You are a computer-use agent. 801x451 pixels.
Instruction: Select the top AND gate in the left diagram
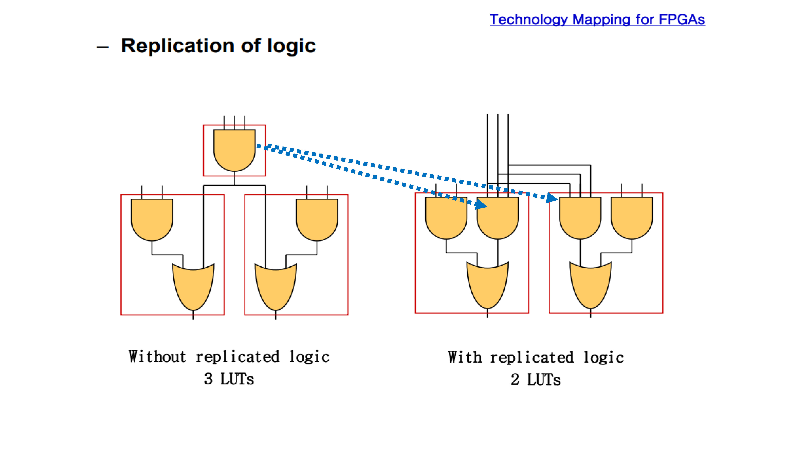(x=234, y=150)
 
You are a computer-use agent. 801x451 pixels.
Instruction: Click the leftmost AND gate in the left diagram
(x=152, y=220)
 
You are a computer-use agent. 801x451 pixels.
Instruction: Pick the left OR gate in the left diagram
(x=193, y=287)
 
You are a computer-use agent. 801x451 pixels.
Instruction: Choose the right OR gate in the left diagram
(x=276, y=287)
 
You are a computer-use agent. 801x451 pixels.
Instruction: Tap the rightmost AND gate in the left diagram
(x=317, y=220)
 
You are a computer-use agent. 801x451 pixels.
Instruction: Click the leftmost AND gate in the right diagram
(x=446, y=218)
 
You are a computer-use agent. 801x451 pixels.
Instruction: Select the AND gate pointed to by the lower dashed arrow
(x=498, y=218)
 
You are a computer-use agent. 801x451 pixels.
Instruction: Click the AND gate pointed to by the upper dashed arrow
(x=580, y=218)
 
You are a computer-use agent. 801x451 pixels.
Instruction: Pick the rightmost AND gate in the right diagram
(x=632, y=218)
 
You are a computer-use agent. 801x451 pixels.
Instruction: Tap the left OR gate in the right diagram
(x=488, y=285)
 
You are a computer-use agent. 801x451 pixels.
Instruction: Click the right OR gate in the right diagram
(x=591, y=285)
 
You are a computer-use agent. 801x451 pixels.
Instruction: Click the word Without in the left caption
(x=157, y=357)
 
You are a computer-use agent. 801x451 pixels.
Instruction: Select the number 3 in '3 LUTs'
(x=208, y=379)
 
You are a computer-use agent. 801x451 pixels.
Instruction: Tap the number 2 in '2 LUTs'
(x=515, y=380)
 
